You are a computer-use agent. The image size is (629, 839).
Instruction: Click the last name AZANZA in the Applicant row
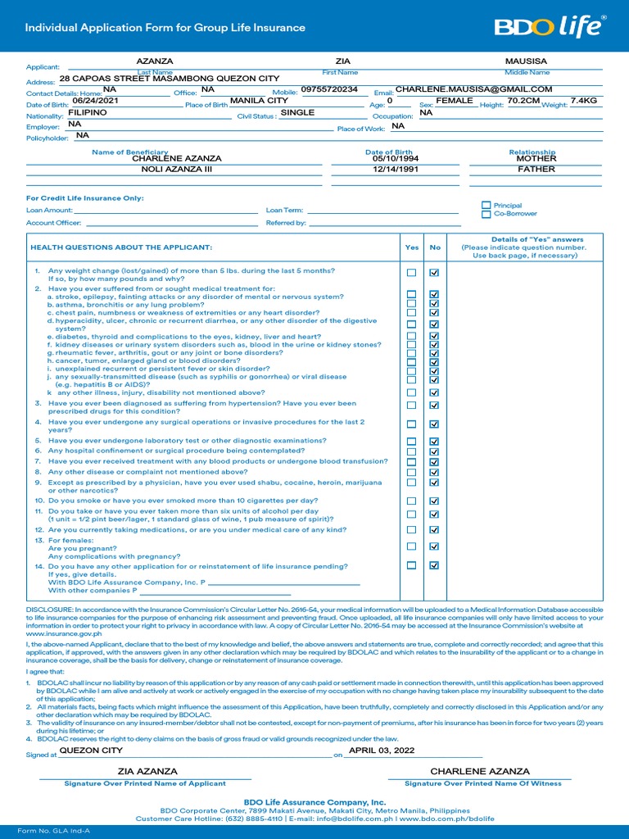pos(154,61)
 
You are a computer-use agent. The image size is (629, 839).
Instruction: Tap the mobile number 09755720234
pos(329,89)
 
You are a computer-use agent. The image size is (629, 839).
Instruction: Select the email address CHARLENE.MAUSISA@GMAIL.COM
pos(473,89)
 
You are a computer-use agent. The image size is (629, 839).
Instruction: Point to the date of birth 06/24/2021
pos(95,101)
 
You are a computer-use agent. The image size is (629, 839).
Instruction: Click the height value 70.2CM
pos(524,101)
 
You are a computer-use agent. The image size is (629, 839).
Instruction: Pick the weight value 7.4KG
pos(584,101)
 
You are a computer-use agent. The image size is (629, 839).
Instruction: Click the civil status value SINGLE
pos(297,113)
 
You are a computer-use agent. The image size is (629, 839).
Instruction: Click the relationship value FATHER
pos(536,170)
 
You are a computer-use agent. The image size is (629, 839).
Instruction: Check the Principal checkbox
pos(486,206)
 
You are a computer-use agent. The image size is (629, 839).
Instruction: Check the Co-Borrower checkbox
pos(486,214)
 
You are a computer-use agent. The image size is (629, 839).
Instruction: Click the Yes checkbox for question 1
pos(412,273)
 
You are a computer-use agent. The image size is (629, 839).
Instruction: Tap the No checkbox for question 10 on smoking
pos(434,501)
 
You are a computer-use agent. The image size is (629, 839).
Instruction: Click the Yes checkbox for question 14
pos(412,565)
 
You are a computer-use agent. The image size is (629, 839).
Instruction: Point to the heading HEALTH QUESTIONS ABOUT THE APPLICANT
pos(121,247)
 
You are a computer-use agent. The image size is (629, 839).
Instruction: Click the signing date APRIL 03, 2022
pos(382,751)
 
